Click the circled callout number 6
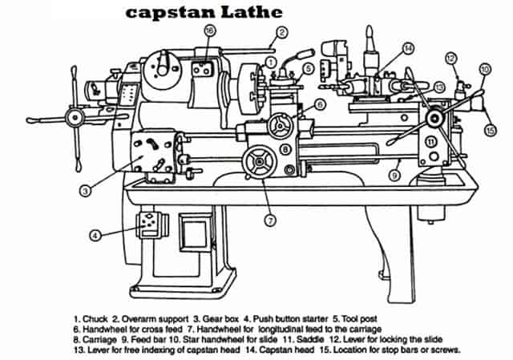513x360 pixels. (319, 104)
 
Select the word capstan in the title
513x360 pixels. (164, 12)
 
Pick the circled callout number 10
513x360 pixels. (483, 70)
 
